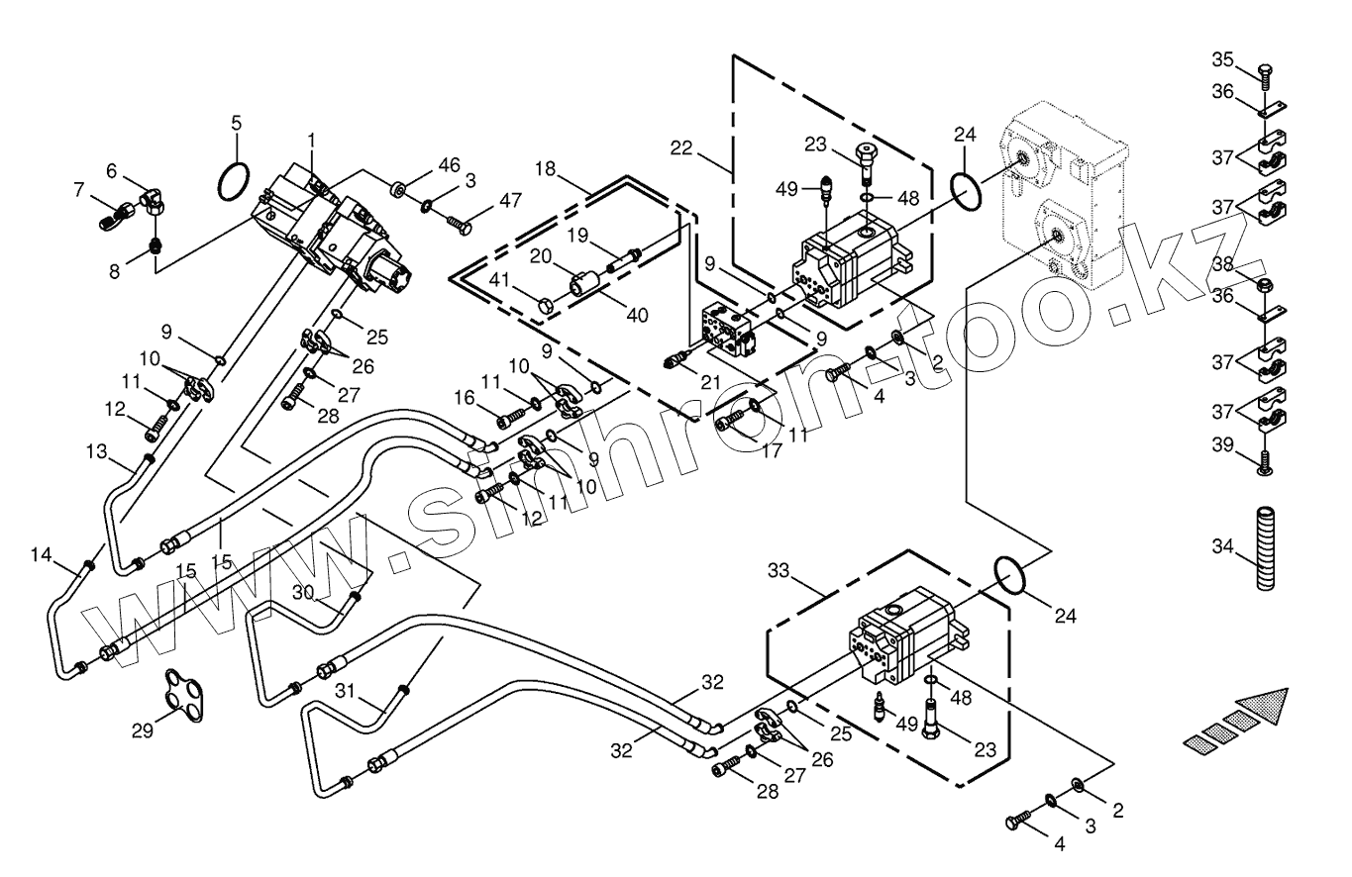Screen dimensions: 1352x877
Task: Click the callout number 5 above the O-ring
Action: pos(236,123)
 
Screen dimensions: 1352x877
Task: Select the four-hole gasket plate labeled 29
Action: pos(183,695)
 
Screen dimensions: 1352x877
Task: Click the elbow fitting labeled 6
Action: pos(156,200)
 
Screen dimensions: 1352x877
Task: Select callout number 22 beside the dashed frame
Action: pos(681,147)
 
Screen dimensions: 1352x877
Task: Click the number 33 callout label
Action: pos(779,570)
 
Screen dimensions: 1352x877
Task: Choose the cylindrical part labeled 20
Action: pos(583,283)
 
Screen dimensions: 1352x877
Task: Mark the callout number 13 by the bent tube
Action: pos(97,451)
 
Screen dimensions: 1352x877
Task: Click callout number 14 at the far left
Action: pos(42,554)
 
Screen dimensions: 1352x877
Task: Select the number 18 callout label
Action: pos(545,169)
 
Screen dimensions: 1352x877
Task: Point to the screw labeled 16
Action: pos(511,417)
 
